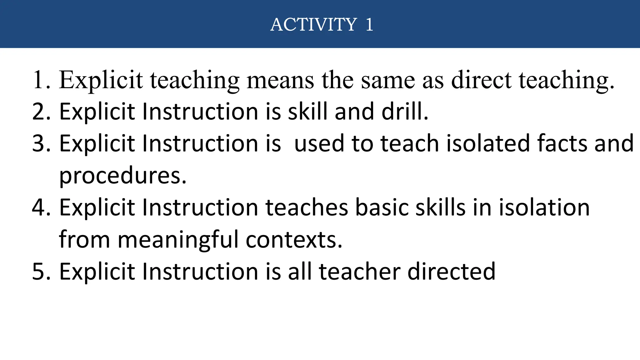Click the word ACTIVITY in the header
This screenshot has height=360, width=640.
pyautogui.click(x=313, y=24)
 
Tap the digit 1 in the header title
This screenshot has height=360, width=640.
pyautogui.click(x=369, y=24)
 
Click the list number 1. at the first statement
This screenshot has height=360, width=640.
pyautogui.click(x=41, y=80)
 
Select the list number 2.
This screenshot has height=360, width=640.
pyautogui.click(x=41, y=112)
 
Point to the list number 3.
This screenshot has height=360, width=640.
pyautogui.click(x=41, y=143)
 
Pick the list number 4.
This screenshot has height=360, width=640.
pyautogui.click(x=41, y=207)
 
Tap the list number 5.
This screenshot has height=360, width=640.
pyautogui.click(x=41, y=271)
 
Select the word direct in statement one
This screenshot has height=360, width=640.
pyautogui.click(x=481, y=80)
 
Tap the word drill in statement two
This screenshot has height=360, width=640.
pyautogui.click(x=405, y=112)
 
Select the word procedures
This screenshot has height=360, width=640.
pyautogui.click(x=122, y=176)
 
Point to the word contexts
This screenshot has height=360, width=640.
pyautogui.click(x=294, y=240)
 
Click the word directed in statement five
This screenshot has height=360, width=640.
pyautogui.click(x=452, y=271)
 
